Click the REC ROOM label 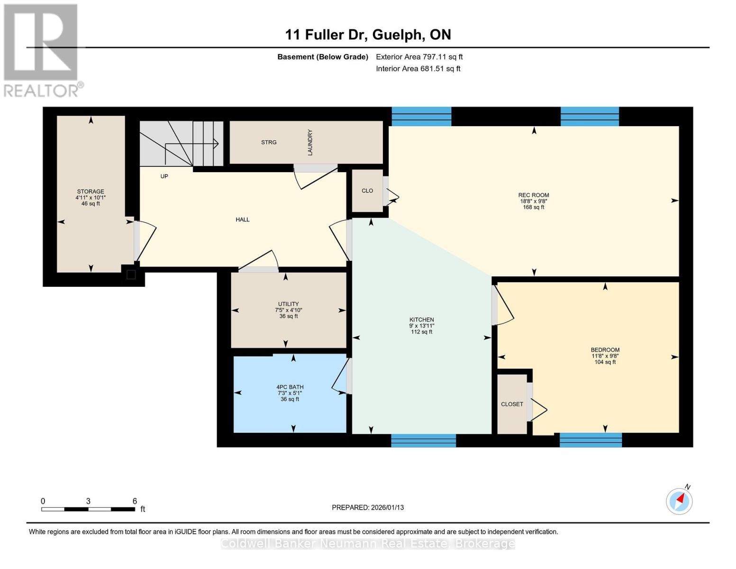(534, 195)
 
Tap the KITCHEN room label (421, 320)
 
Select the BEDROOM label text (605, 350)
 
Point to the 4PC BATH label (290, 387)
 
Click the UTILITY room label (288, 304)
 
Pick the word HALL (243, 220)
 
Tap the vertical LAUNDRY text (310, 142)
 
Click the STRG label (269, 142)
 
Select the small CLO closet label (367, 191)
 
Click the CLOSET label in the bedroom (512, 404)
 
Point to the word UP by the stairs (164, 176)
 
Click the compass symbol (679, 501)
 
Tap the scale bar (88, 509)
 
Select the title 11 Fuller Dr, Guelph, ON (368, 35)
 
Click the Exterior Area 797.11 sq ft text (419, 57)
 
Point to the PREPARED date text (368, 507)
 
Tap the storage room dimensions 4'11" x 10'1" (91, 198)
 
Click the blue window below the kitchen (423, 441)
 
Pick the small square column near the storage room (131, 275)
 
